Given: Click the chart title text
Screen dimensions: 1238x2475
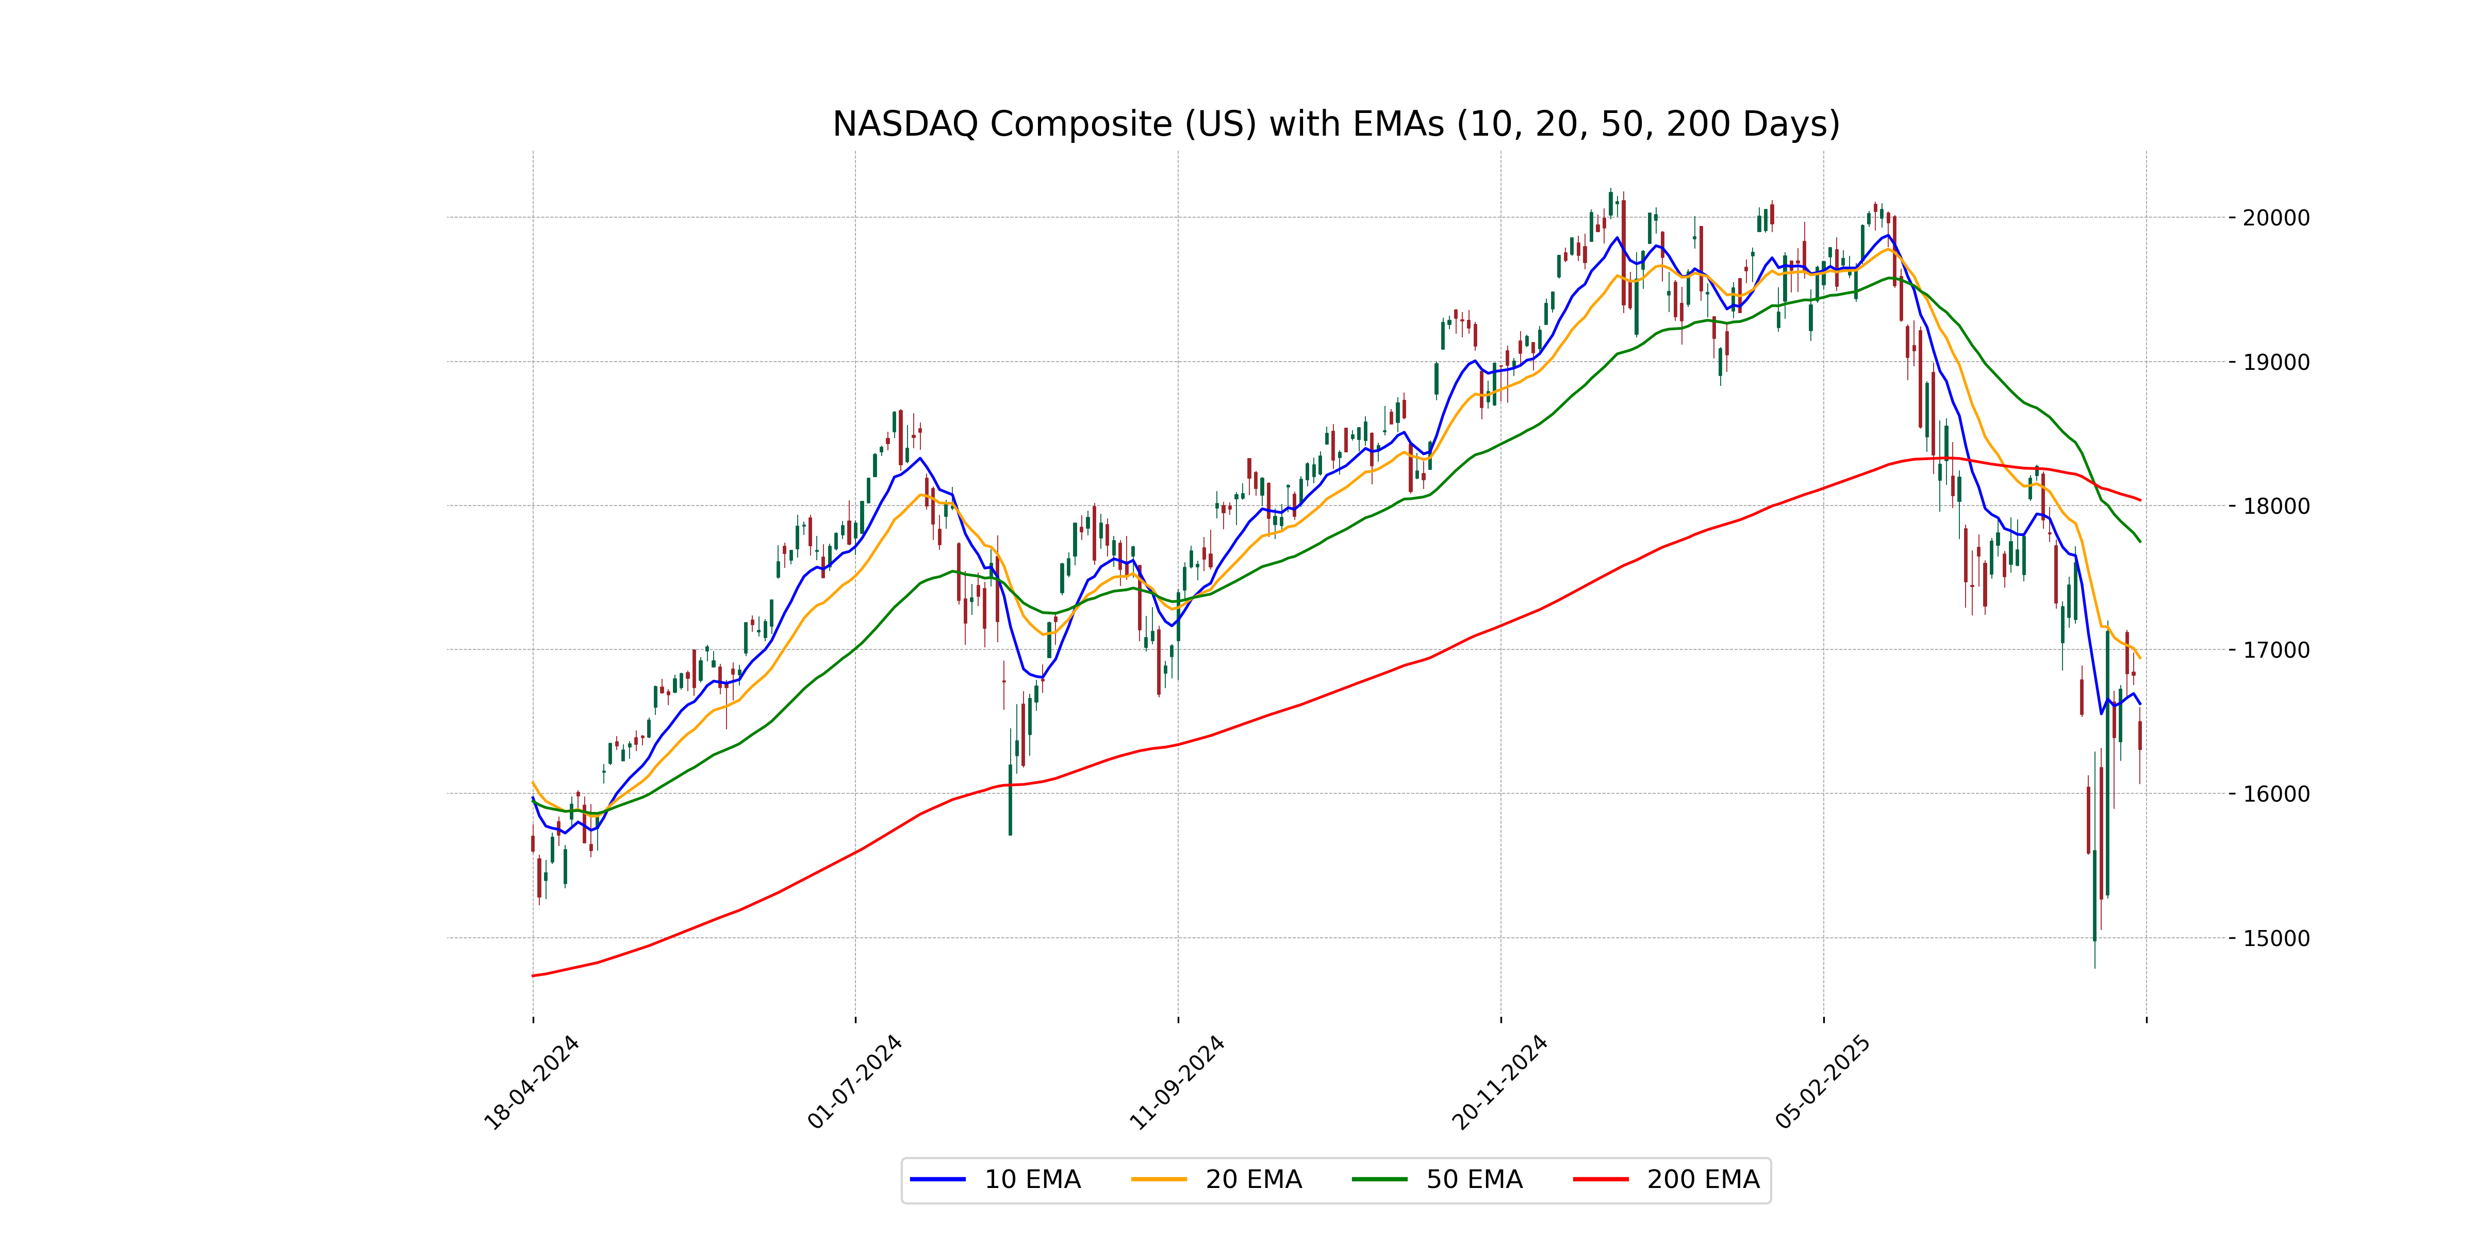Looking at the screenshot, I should click(1335, 124).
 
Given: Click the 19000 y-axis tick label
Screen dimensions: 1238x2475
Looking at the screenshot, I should click(2275, 362).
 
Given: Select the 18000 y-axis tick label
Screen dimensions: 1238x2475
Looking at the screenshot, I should click(2275, 507).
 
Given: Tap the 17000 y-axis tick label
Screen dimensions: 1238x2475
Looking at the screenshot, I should click(2275, 650).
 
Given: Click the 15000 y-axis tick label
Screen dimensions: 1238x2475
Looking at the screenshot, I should click(2275, 939).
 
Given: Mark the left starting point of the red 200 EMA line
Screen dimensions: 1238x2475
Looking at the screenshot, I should click(533, 975).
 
